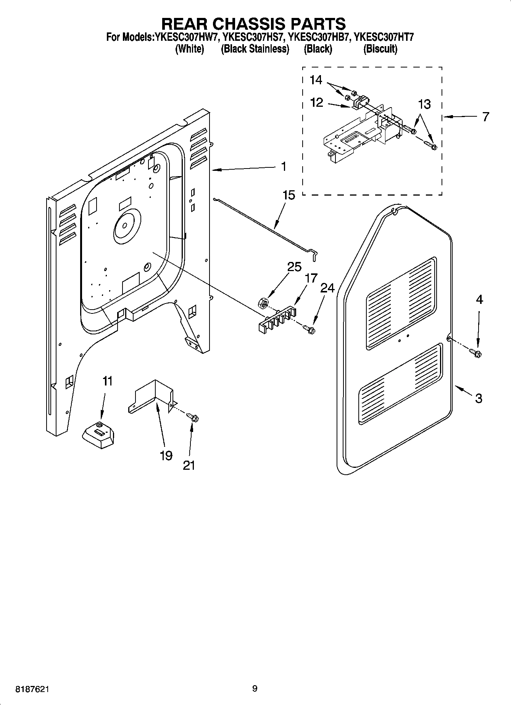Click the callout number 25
coord(294,267)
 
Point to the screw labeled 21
coord(193,418)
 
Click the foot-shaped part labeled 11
coord(98,436)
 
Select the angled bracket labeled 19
coord(152,398)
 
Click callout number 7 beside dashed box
coord(485,117)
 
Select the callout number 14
coord(316,80)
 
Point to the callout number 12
coord(317,102)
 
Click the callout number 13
coord(424,104)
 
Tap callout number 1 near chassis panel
coord(283,166)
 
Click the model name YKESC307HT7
coord(384,37)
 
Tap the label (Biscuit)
coord(380,49)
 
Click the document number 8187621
coord(32,689)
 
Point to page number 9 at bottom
coord(255,688)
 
